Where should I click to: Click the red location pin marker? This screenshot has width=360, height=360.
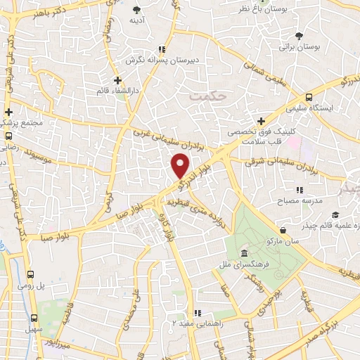(x=181, y=166)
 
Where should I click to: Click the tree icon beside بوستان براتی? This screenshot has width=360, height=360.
(x=301, y=34)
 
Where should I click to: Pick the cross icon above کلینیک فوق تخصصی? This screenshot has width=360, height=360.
(x=262, y=121)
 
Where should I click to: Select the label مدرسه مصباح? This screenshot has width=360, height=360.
(x=303, y=201)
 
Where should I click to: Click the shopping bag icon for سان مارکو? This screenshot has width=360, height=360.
(x=283, y=230)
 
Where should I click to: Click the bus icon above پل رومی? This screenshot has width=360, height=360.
(x=31, y=276)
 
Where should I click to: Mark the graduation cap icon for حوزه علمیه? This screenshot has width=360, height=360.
(x=336, y=214)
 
